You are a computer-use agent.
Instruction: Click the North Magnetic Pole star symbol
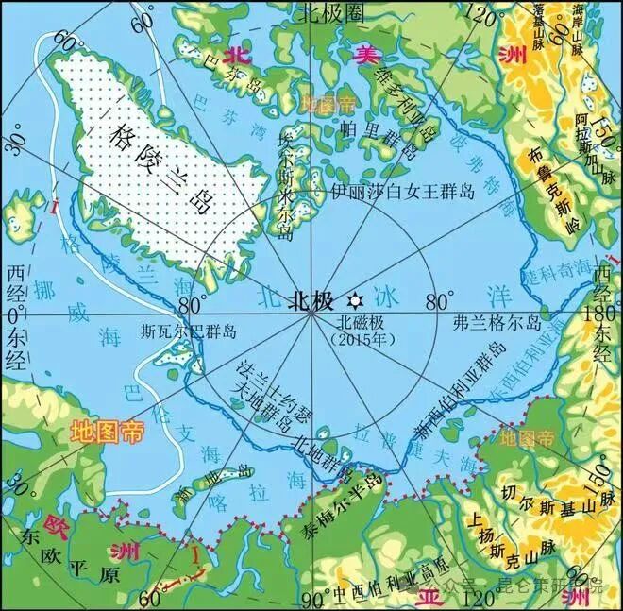(x=354, y=300)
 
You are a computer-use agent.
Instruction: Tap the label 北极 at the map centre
(x=311, y=301)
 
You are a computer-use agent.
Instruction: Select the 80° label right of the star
(x=439, y=302)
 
